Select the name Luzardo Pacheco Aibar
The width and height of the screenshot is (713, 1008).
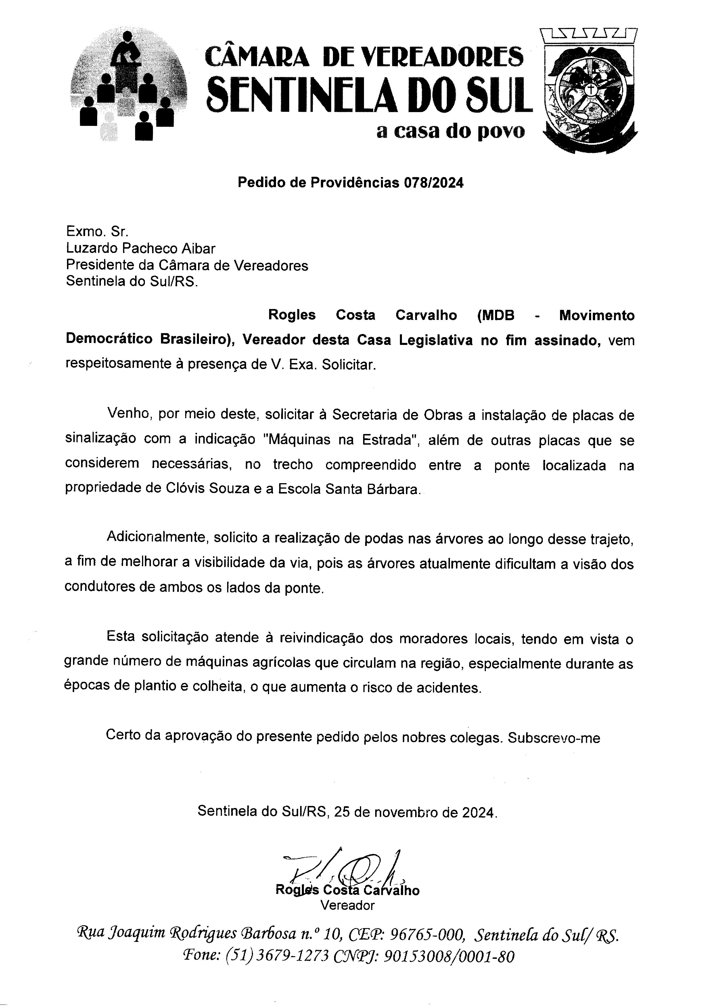(141, 249)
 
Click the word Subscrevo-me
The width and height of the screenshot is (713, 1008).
(554, 738)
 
